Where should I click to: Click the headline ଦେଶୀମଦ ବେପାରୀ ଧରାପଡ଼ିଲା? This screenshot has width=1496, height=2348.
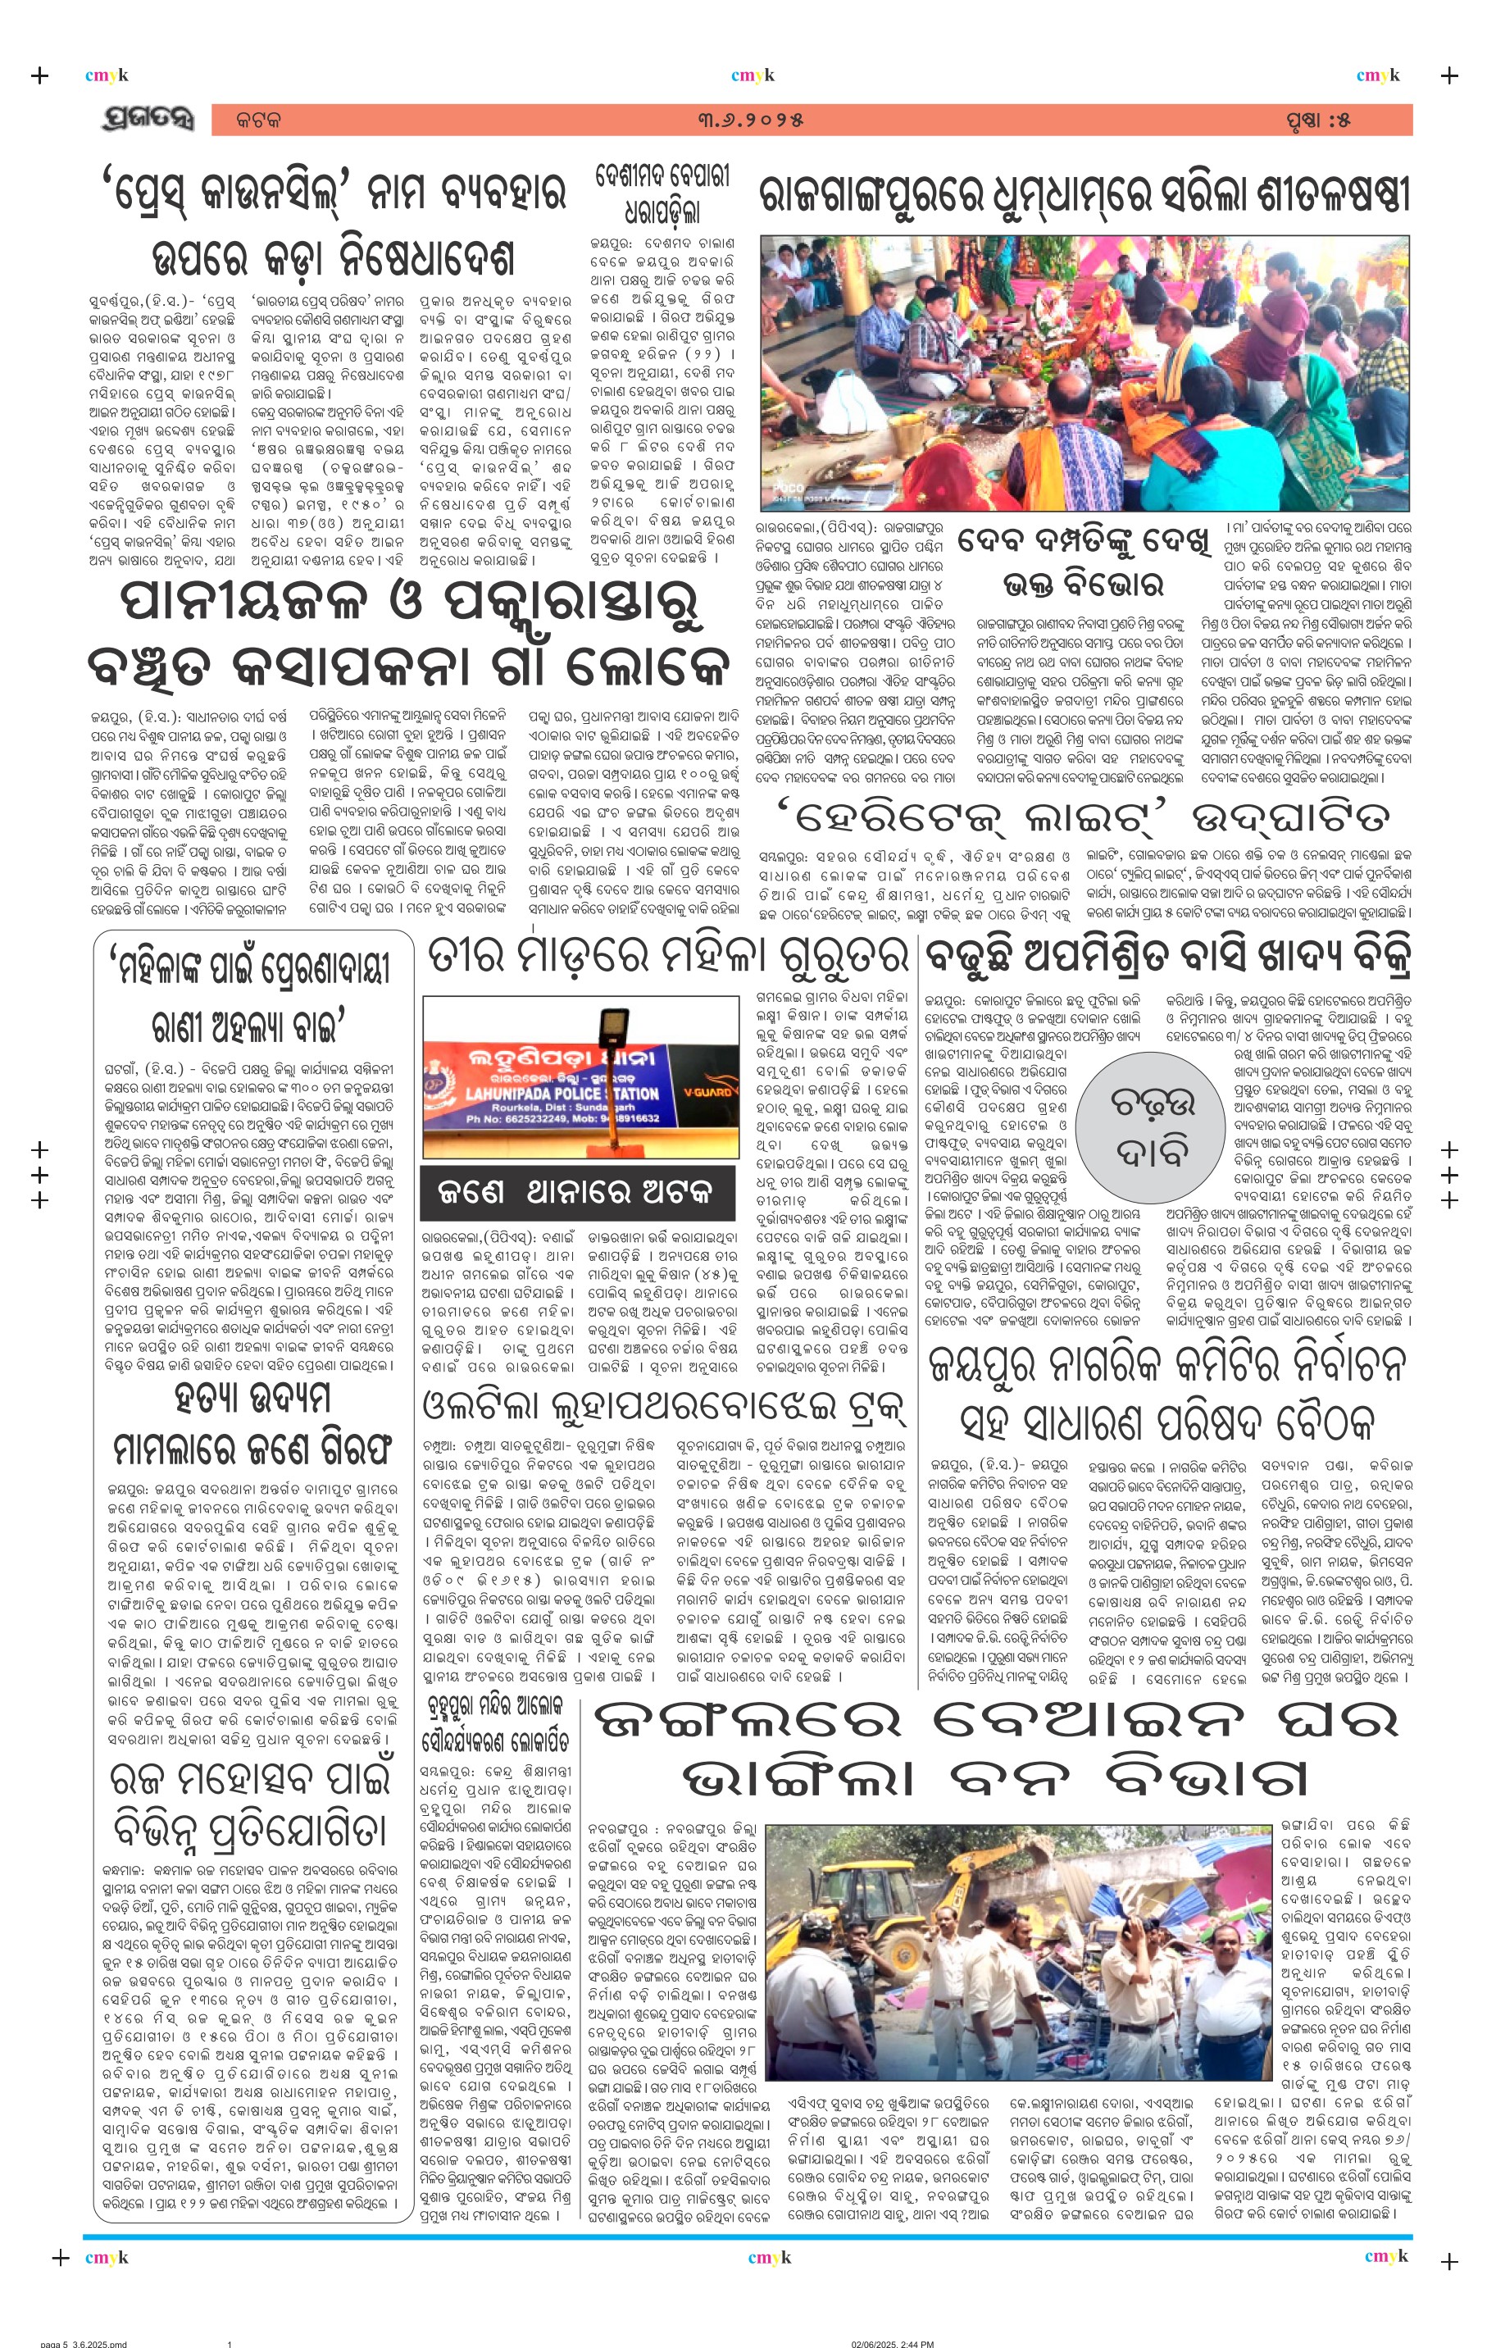[x=662, y=193]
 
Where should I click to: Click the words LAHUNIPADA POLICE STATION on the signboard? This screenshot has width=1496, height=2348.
[x=562, y=1094]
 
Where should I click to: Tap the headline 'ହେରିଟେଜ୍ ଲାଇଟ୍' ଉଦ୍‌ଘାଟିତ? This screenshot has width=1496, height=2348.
[x=1083, y=817]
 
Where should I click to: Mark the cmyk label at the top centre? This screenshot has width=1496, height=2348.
[x=752, y=75]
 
